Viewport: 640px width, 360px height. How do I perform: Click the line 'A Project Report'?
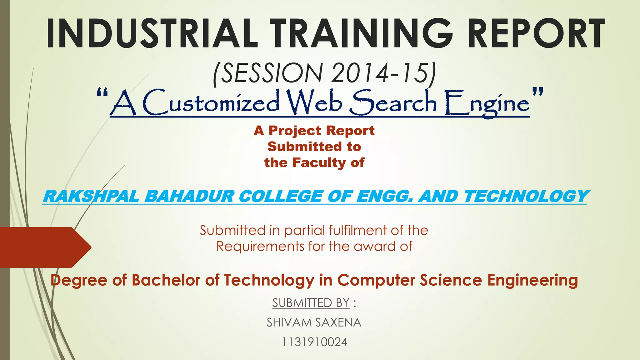pos(314,131)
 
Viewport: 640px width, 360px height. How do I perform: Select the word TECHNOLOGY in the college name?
pos(525,197)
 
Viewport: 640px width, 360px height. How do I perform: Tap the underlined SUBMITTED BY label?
pos(311,303)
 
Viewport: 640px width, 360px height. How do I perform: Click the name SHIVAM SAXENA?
pos(314,322)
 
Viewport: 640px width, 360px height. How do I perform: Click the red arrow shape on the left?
pos(44,247)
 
